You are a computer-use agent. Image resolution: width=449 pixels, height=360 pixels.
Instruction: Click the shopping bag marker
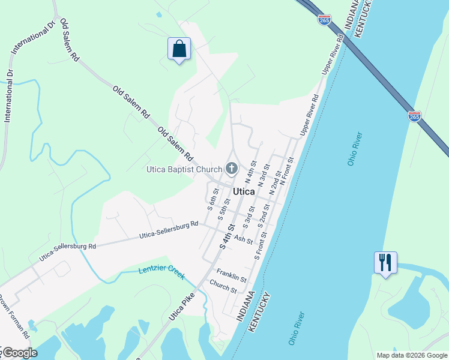point(179,49)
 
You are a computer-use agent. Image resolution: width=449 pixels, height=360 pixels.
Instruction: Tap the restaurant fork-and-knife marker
point(385,262)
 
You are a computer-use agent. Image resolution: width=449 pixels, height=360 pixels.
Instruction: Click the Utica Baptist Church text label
point(184,170)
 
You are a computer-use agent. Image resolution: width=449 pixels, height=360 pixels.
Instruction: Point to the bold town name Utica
point(243,191)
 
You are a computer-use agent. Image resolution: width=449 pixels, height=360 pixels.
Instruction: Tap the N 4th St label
point(251,172)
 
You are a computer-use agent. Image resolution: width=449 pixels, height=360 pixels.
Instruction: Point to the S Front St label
point(260,248)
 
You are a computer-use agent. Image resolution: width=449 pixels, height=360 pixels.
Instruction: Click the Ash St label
point(244,239)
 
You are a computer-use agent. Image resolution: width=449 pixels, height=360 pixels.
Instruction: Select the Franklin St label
point(232,275)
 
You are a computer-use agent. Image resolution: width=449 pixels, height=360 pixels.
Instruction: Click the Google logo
point(20,353)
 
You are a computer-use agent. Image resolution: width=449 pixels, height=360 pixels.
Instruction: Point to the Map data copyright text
point(412,355)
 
